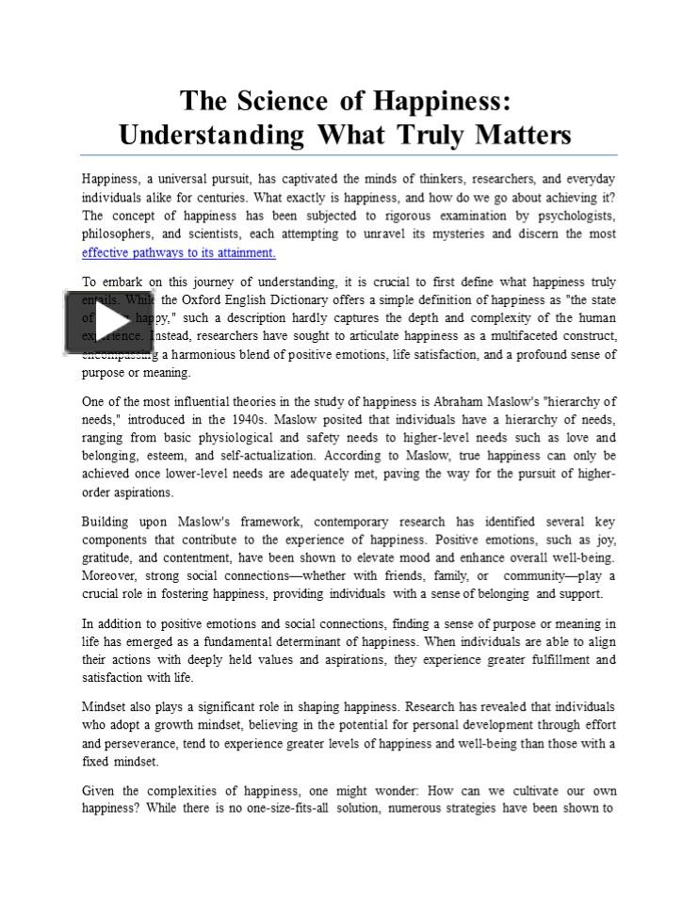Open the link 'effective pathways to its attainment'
[178, 252]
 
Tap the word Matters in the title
[524, 135]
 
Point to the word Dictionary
[331, 300]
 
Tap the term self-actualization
[252, 456]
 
